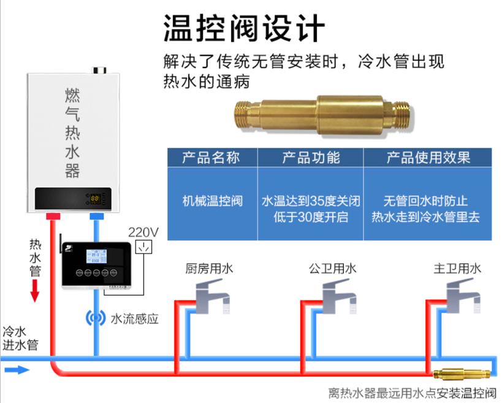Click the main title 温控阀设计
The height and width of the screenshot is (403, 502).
pos(243,28)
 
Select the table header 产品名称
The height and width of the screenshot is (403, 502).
pos(212,157)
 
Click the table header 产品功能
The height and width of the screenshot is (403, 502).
pos(310,157)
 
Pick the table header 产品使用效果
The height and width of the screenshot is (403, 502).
pos(428,157)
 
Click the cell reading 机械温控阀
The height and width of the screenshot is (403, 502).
pos(212,201)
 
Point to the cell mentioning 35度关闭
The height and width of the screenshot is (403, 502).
pos(310,201)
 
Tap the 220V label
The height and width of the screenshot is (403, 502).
pos(143,232)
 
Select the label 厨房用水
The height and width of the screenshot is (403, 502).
pos(209,268)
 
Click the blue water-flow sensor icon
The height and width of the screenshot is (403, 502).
pos(95,318)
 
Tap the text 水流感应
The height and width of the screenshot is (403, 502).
pos(135,318)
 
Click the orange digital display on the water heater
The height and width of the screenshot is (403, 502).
pos(95,199)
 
